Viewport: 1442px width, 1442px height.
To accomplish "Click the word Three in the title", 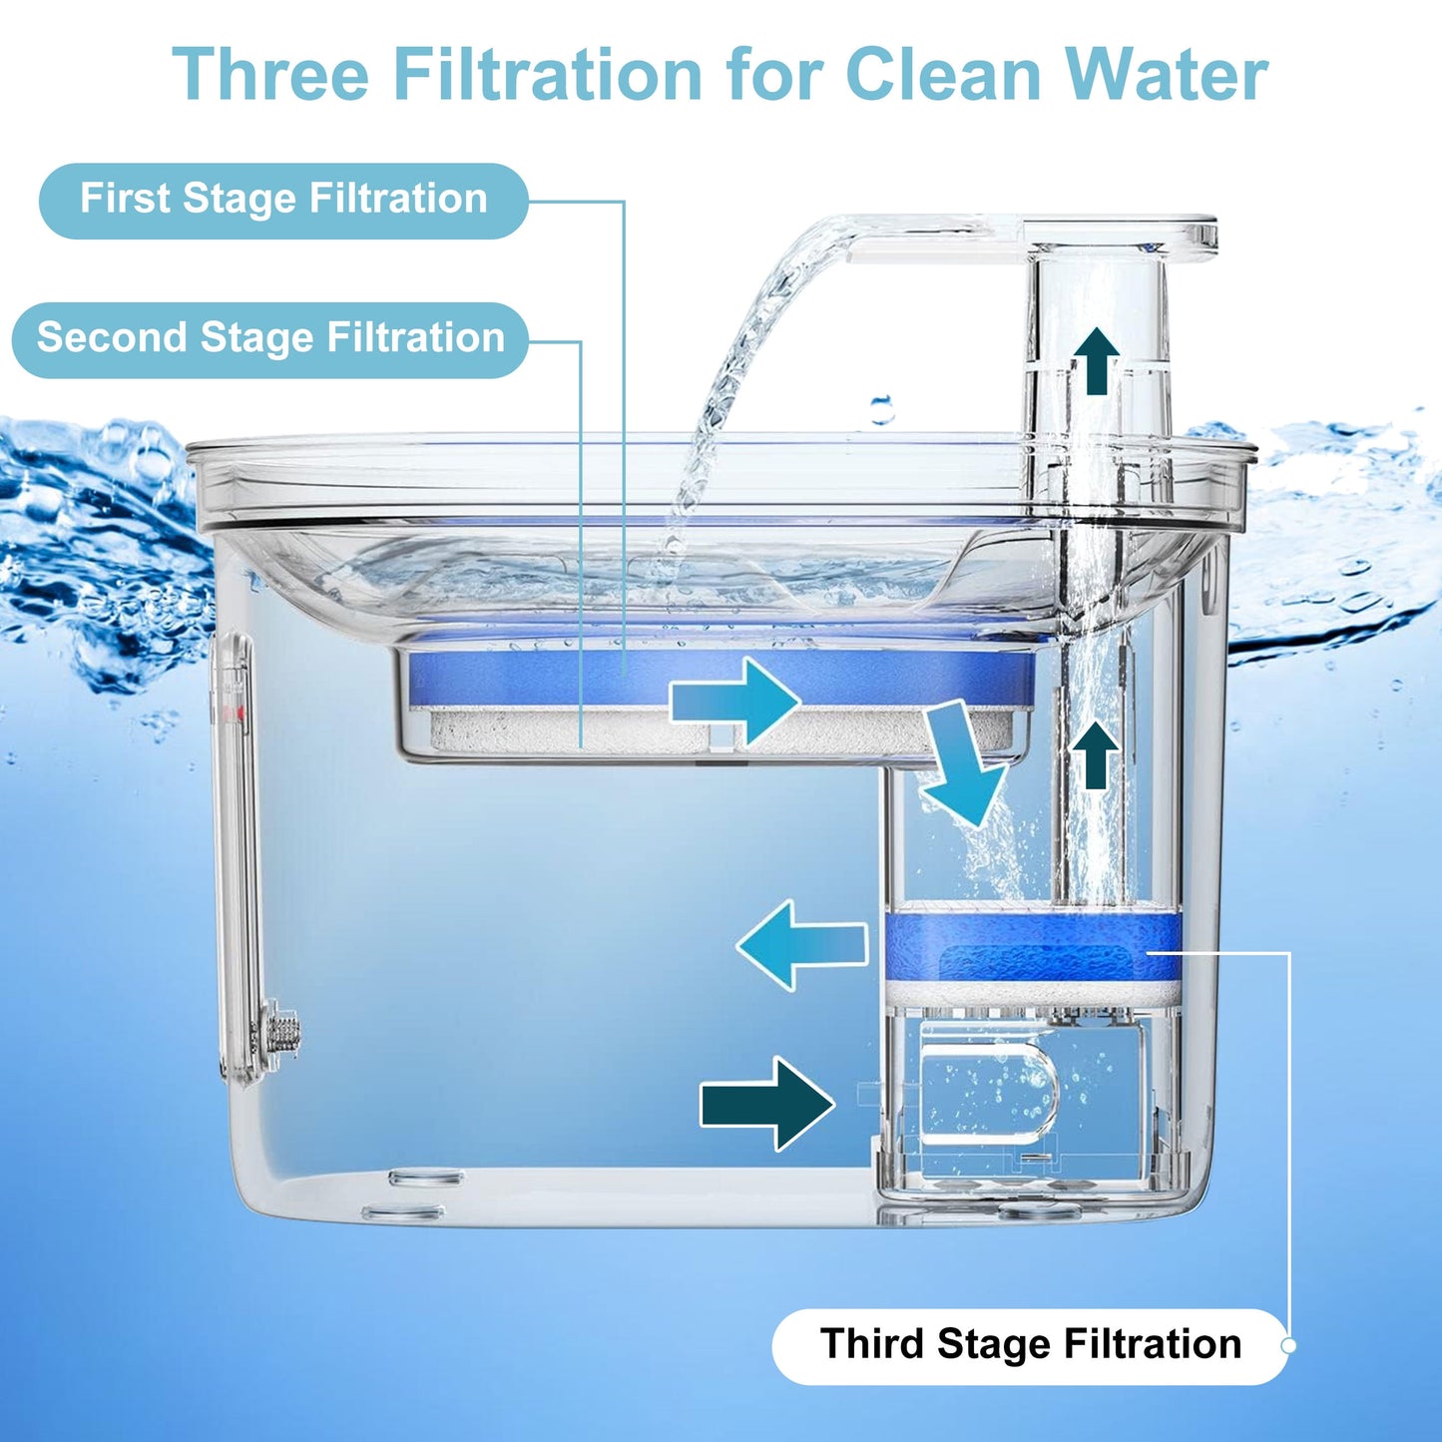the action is tap(270, 74).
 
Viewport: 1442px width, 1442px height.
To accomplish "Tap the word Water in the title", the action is tap(1166, 74).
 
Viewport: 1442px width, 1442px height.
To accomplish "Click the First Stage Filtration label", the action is tap(283, 201).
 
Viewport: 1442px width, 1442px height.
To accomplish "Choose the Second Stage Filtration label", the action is tap(270, 339).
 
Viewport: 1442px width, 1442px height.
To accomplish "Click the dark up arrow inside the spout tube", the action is tap(1097, 361).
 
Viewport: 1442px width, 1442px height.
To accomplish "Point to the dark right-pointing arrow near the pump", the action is tap(767, 1104).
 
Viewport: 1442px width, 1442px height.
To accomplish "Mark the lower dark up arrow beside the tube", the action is tap(1097, 755).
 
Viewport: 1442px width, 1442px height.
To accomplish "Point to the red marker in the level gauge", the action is tap(239, 715).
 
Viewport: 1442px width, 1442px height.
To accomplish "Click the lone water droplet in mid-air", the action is tap(883, 410).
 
